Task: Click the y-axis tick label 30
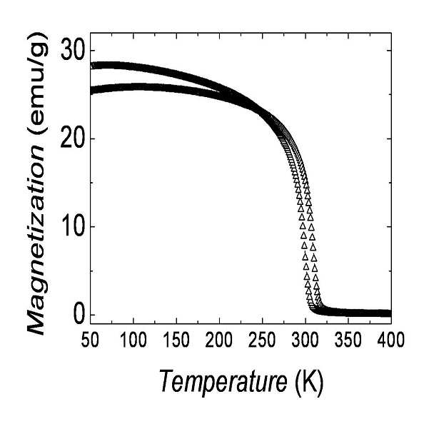(72, 51)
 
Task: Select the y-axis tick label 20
(71, 139)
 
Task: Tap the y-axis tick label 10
(72, 227)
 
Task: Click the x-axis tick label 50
(90, 340)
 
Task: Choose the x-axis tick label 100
(133, 340)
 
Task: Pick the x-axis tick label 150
(176, 340)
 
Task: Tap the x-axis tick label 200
(219, 340)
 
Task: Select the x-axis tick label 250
(262, 340)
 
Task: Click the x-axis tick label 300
(306, 340)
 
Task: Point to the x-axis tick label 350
(348, 340)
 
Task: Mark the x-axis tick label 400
(391, 340)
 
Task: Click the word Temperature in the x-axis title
(223, 381)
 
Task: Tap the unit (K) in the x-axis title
(310, 381)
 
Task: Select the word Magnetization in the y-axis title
(36, 240)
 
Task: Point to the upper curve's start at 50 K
(93, 66)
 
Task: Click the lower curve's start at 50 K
(93, 90)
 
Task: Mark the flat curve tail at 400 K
(389, 313)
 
